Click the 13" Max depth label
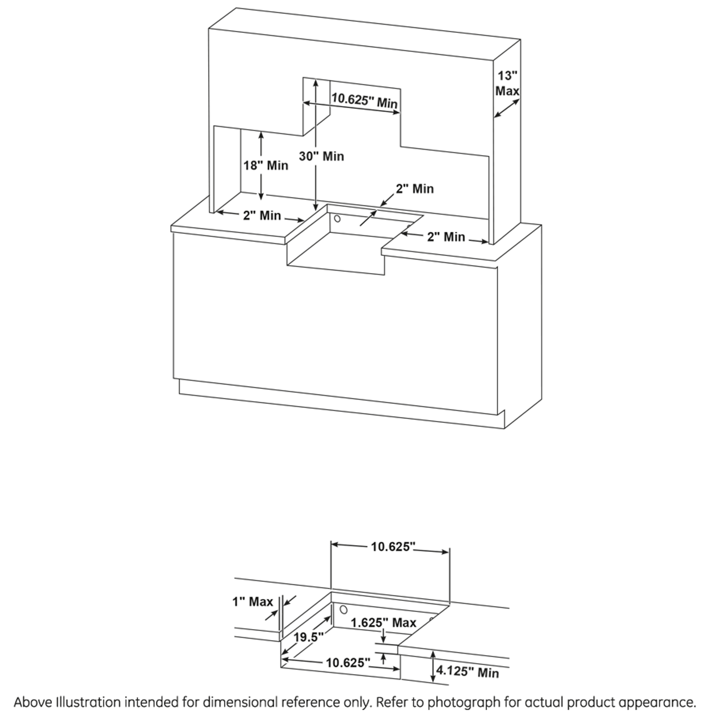tap(507, 83)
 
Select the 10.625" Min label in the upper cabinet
tap(365, 100)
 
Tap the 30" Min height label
tap(322, 156)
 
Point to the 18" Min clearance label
tap(266, 165)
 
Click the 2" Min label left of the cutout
tap(262, 215)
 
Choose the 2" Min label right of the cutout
tap(446, 237)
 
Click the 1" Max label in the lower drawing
tap(253, 601)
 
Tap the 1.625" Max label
tap(383, 622)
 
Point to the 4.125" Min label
tap(467, 672)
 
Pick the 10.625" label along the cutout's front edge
tap(348, 662)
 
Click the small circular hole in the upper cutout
tap(337, 219)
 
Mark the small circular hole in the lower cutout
tap(343, 609)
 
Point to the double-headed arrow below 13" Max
tap(507, 108)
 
